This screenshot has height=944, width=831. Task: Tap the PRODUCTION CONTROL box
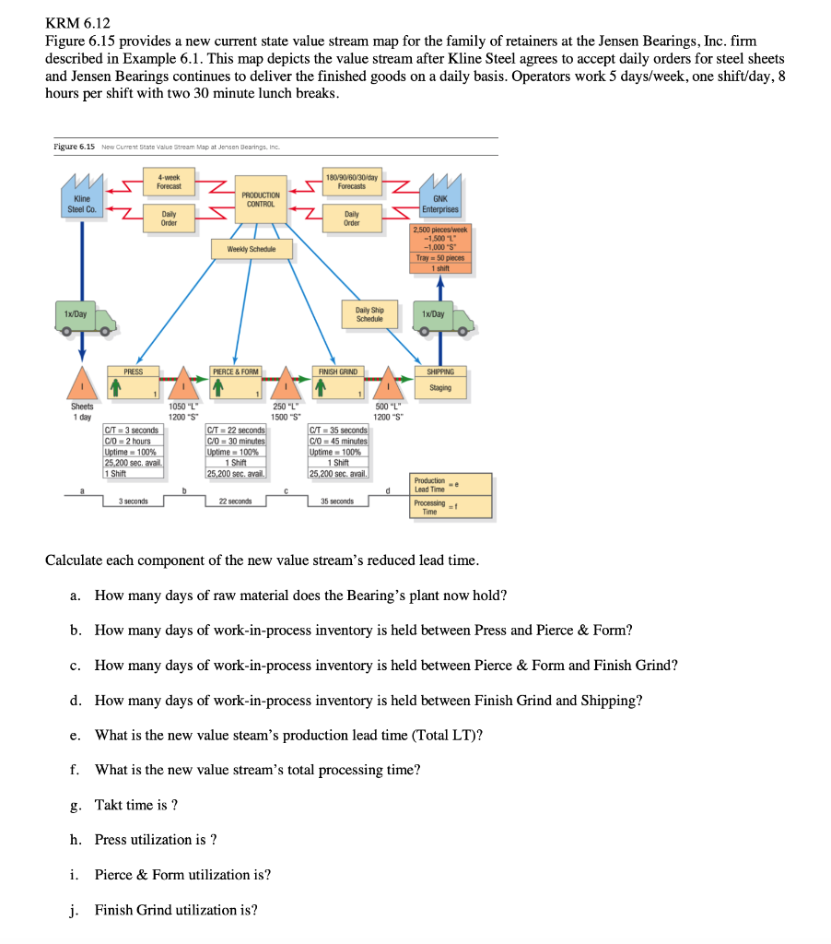tap(261, 199)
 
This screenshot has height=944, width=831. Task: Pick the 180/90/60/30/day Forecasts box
tap(351, 181)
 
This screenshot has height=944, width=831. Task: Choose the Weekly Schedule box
tap(244, 249)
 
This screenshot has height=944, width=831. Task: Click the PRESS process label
tap(134, 372)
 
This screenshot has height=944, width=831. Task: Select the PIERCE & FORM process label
tap(236, 372)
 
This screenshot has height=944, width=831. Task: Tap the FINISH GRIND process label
tap(338, 372)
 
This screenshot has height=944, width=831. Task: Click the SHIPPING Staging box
tap(440, 380)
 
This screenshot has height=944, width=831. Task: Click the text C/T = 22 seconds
tap(236, 431)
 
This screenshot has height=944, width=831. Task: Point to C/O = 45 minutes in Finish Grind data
tap(338, 441)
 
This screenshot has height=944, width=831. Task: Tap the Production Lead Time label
tap(429, 485)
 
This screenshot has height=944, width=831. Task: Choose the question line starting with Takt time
tap(136, 805)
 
